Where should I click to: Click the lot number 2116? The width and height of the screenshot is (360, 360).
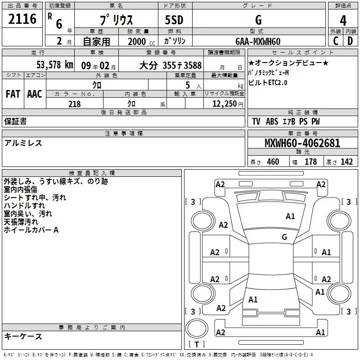22,19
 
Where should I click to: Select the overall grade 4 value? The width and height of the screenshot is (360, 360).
343,21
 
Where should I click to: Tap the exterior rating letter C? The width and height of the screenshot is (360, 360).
336,41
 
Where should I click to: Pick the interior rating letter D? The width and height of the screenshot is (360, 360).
350,41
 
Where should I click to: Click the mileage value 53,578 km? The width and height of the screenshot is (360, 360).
55,65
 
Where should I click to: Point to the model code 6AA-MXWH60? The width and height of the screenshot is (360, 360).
258,41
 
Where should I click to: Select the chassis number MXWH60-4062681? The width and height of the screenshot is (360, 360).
302,143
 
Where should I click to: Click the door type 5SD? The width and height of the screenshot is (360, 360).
174,20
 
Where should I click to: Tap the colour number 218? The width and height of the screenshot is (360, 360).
74,104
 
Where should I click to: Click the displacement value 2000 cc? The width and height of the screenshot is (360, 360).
141,42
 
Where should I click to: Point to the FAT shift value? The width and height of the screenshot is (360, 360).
13,94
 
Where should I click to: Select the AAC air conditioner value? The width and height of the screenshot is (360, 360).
35,94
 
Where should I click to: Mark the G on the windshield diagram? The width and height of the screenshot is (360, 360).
284,237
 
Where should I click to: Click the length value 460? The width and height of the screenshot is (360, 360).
273,162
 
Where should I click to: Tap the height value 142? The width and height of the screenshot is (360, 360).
346,162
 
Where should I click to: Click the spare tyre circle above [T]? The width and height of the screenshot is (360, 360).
197,328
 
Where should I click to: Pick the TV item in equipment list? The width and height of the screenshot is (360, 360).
256,121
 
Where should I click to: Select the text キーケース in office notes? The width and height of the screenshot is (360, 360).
23,337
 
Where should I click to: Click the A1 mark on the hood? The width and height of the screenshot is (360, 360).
290,216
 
